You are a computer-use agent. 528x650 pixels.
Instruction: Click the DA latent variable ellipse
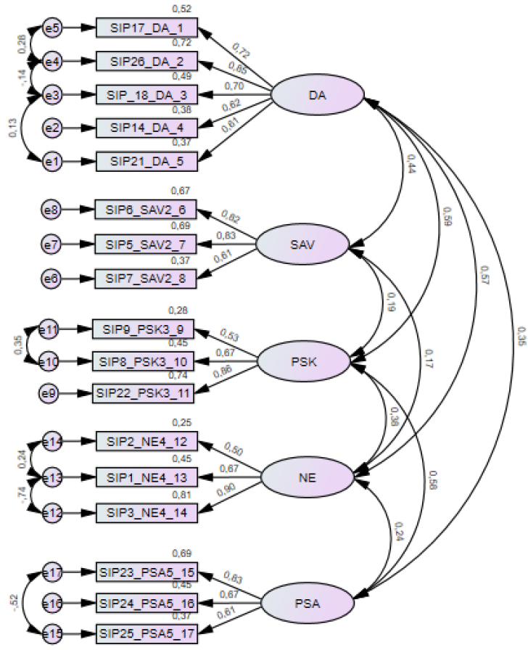pyautogui.click(x=316, y=95)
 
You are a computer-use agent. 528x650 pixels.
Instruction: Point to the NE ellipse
pyautogui.click(x=306, y=477)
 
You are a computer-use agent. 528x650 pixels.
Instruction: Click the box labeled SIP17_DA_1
pyautogui.click(x=147, y=28)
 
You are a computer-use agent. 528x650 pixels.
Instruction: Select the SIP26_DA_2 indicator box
pyautogui.click(x=147, y=62)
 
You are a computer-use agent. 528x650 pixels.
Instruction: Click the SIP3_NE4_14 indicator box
pyautogui.click(x=147, y=511)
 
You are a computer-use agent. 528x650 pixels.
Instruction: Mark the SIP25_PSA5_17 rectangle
pyautogui.click(x=147, y=633)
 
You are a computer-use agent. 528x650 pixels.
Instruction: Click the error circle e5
pyautogui.click(x=52, y=28)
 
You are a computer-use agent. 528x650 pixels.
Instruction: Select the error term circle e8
pyautogui.click(x=52, y=211)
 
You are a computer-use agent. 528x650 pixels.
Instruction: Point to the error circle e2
pyautogui.click(x=52, y=128)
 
